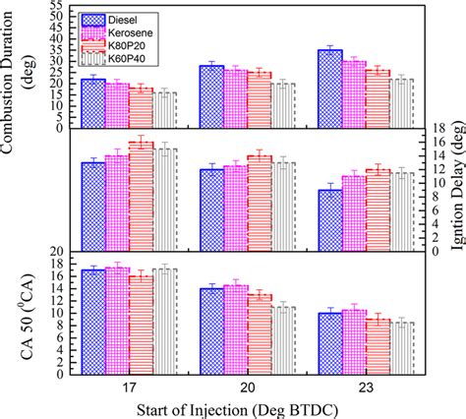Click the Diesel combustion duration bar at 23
click(329, 88)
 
